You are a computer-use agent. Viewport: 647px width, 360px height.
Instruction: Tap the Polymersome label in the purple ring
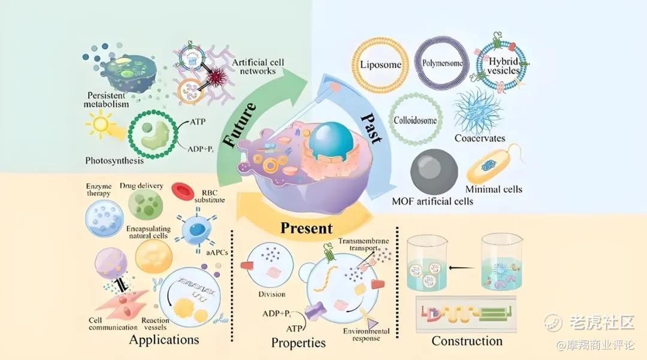[x=442, y=62]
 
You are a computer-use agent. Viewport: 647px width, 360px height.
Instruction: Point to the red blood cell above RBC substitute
[x=183, y=190]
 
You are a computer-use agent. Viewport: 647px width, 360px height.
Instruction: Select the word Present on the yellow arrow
[x=307, y=228]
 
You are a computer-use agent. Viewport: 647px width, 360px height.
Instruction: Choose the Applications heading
[x=164, y=340]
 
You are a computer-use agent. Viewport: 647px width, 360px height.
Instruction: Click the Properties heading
[x=298, y=343]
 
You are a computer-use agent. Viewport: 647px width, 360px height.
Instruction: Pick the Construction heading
[x=467, y=341]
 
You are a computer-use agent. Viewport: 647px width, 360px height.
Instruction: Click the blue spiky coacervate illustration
[x=477, y=110]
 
